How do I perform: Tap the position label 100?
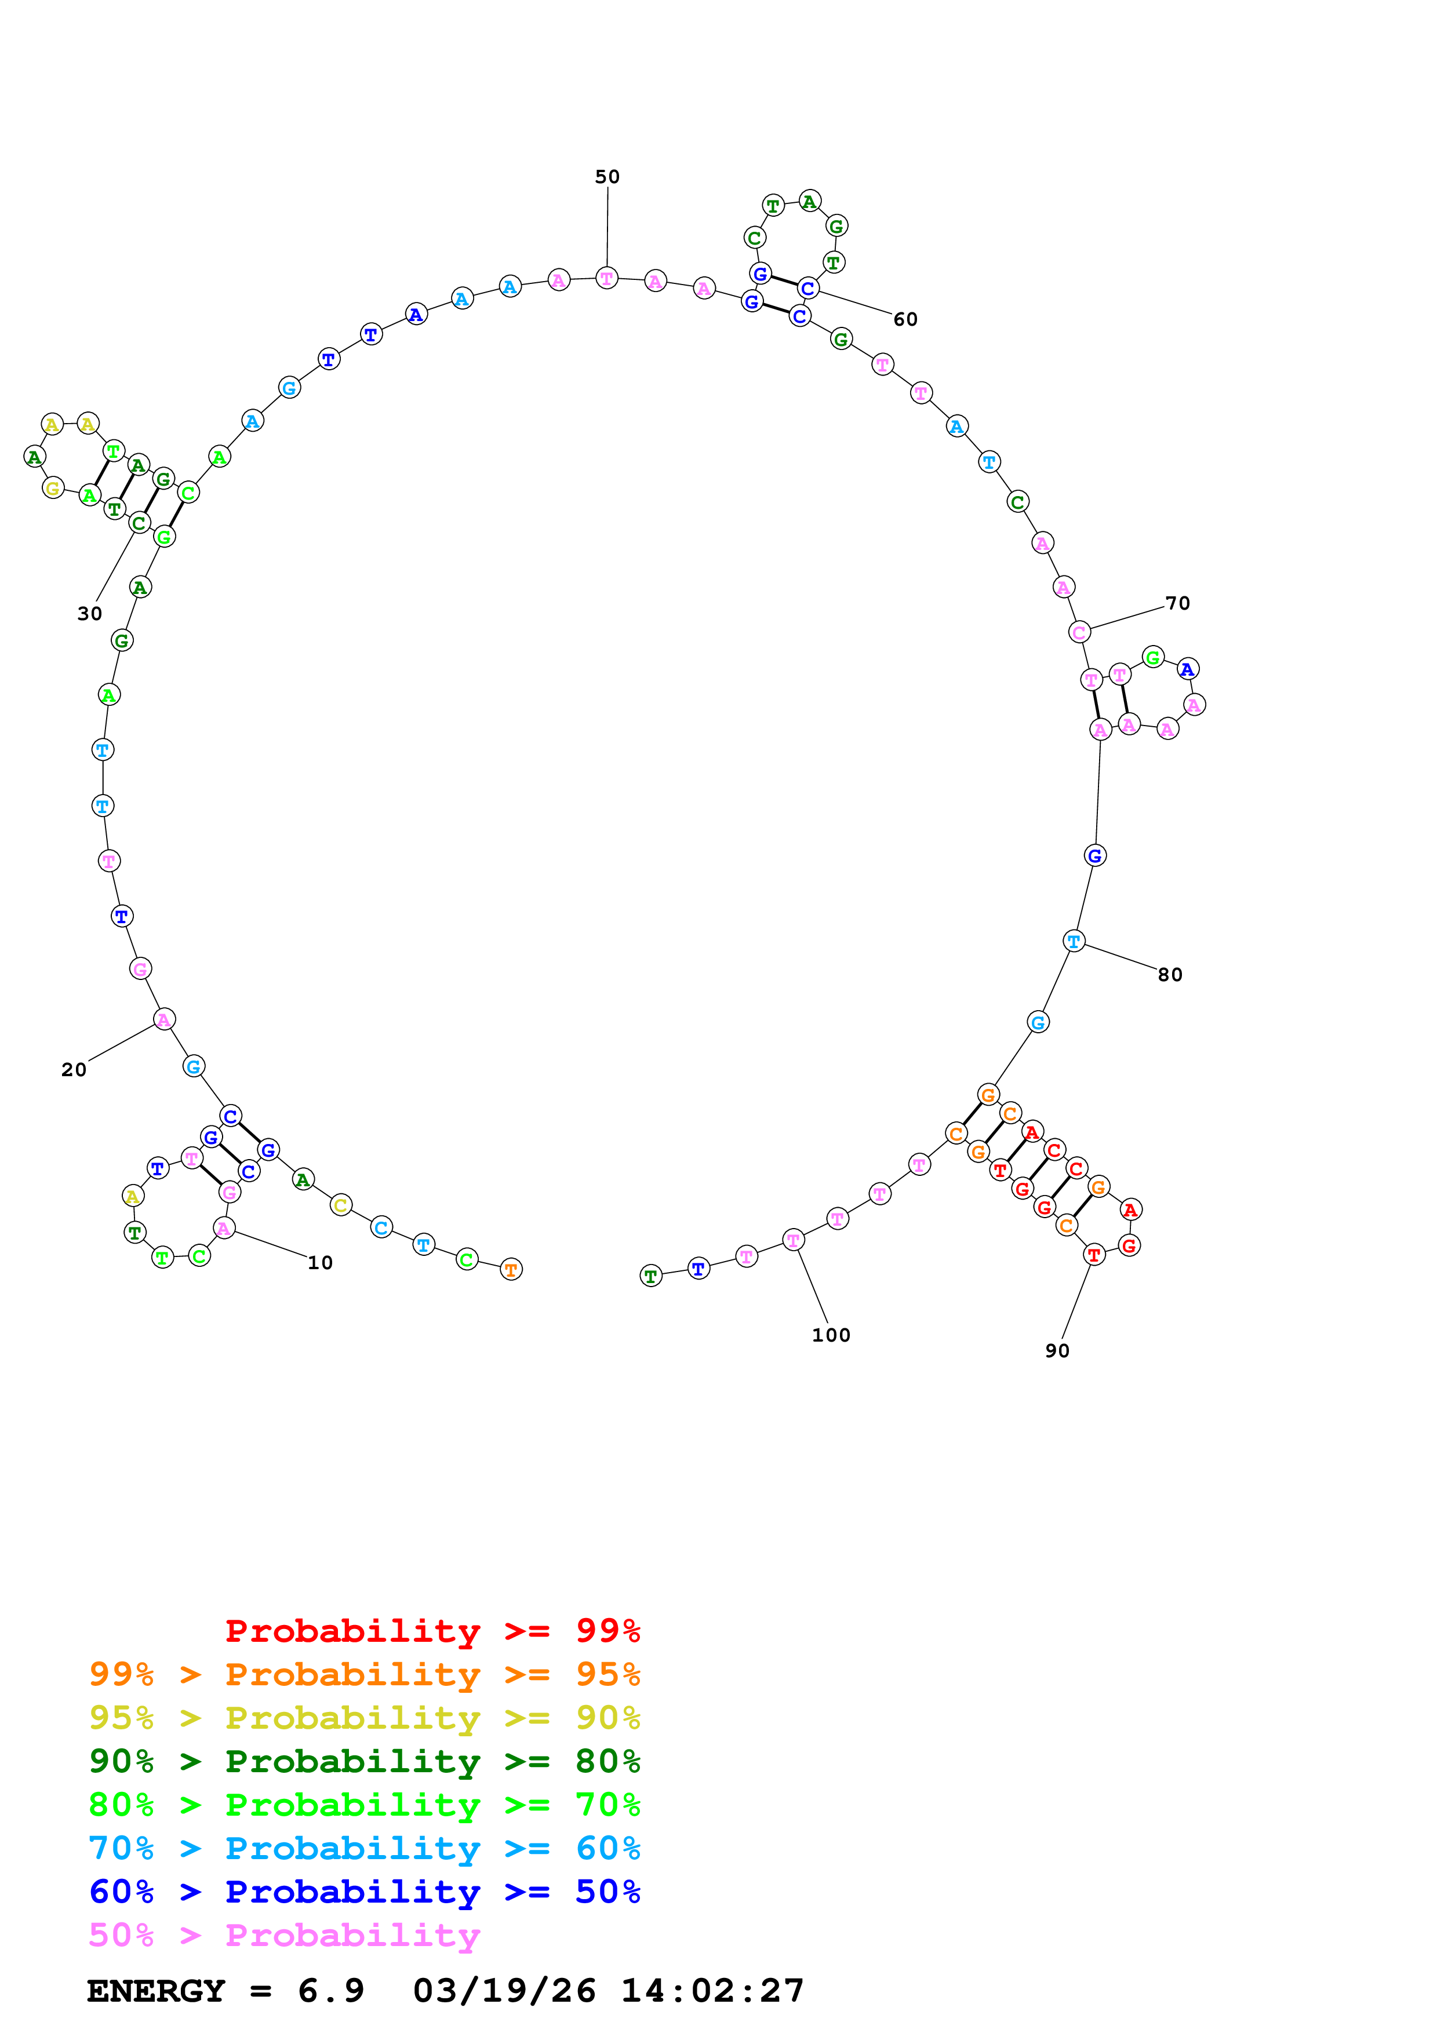831,1335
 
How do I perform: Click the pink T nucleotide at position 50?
606,279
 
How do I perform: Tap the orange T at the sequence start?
511,1270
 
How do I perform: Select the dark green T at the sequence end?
651,1276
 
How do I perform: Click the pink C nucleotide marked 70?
1078,632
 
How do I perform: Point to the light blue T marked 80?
1074,941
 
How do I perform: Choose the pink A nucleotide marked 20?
164,1020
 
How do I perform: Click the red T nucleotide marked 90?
1094,1255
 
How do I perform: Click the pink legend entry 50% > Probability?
284,1936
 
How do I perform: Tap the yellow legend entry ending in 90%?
364,1718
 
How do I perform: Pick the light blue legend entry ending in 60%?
364,1849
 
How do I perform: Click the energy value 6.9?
331,1991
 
